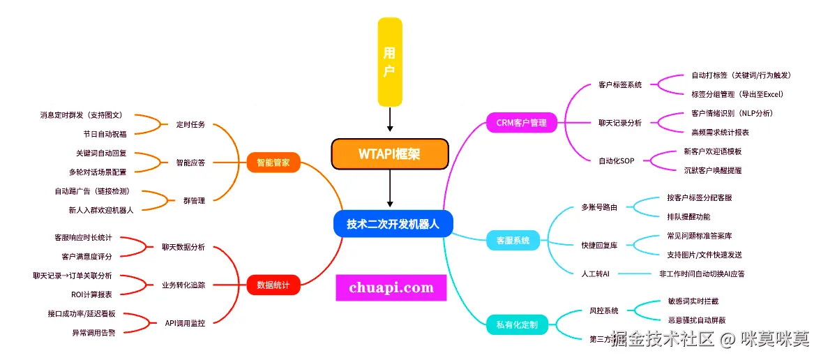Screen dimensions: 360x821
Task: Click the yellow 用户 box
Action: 390,61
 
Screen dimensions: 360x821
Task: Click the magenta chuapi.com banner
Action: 391,287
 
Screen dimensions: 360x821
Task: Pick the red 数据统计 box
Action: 273,285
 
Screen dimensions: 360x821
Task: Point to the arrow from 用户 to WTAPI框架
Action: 390,120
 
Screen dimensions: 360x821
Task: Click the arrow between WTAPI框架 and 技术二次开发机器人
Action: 390,189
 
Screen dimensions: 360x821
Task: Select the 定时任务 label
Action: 190,124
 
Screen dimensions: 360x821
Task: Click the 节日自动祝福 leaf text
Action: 105,133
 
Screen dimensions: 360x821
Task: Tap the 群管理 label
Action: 193,200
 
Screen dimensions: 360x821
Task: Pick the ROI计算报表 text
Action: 91,294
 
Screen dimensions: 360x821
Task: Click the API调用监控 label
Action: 185,323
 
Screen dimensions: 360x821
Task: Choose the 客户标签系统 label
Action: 619,85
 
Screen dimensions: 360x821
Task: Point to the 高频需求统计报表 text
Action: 720,132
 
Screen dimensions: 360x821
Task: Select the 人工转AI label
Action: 595,274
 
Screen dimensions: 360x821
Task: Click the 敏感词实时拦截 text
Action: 693,301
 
